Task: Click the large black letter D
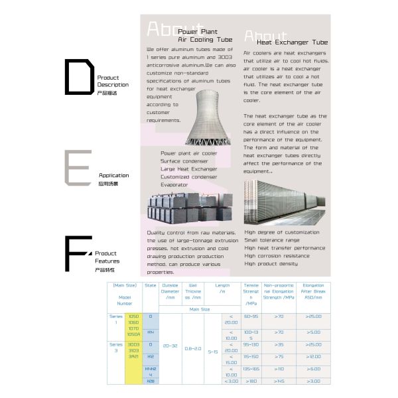[79, 77]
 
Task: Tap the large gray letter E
[77, 167]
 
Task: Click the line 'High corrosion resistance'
[277, 255]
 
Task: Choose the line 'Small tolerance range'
[273, 240]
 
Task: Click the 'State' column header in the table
[150, 286]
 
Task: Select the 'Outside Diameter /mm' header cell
[170, 293]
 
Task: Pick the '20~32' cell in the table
[170, 346]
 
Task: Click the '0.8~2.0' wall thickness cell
[193, 348]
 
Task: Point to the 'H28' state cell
[151, 381]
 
